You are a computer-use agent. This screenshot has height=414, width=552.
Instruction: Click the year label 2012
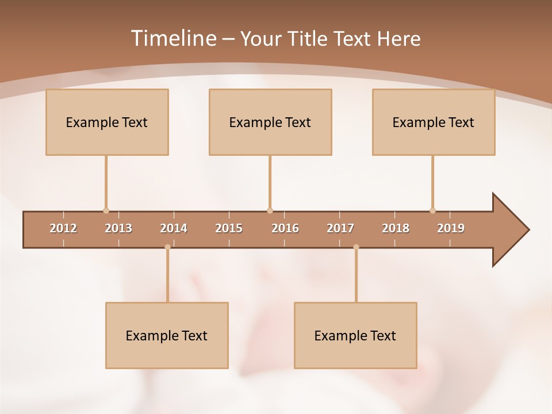point(63,228)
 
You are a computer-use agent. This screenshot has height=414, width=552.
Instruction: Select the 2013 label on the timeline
point(118,228)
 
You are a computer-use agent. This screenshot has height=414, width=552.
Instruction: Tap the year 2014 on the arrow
point(174,228)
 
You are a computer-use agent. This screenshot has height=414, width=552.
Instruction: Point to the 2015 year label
point(229,228)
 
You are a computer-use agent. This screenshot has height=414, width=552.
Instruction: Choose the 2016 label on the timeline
point(285,228)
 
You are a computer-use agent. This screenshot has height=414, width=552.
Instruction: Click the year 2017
point(340,228)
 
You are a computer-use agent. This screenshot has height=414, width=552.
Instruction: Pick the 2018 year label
point(396,228)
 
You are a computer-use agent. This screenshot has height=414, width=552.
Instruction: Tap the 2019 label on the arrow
point(451,228)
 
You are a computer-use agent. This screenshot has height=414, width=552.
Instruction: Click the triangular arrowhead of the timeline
point(509,230)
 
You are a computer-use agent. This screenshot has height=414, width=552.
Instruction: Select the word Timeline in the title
point(172,39)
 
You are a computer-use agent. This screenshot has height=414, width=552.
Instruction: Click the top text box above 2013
point(107,122)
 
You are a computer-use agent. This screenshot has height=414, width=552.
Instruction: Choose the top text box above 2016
point(270,122)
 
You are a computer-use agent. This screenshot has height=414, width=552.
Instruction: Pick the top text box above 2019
point(434,122)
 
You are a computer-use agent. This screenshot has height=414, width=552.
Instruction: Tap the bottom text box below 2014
point(167,335)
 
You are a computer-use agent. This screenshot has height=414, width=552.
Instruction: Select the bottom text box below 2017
point(355,335)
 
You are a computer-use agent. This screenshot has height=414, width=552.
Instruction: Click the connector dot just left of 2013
point(106,210)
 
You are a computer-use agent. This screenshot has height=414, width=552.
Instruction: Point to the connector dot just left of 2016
point(270,210)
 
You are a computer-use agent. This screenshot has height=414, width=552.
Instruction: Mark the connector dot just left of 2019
point(432,210)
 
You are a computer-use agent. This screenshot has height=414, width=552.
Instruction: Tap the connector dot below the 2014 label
point(167,247)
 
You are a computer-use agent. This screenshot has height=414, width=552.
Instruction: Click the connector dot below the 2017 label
point(356,247)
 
